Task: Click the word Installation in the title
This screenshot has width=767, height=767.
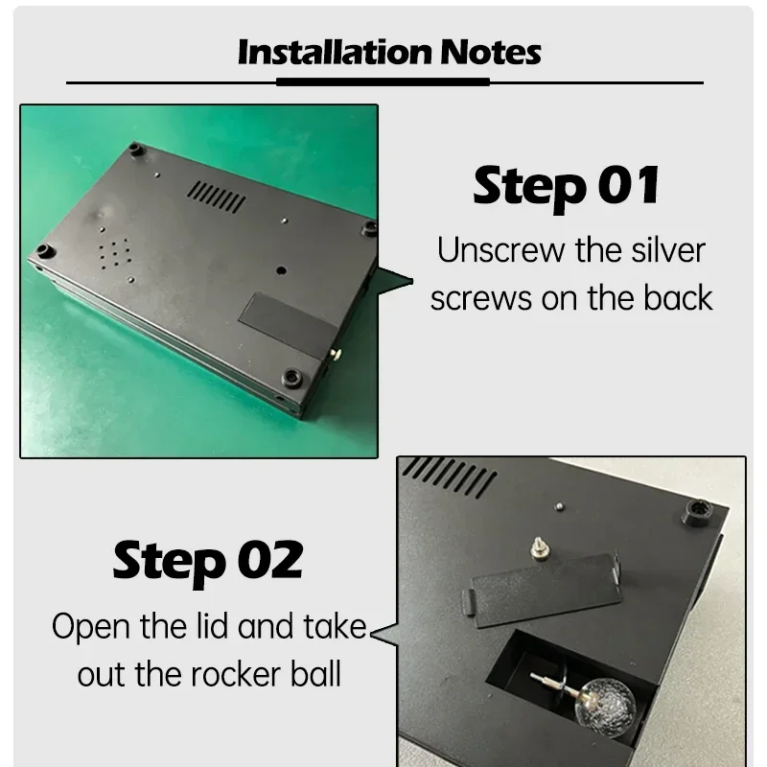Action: click(335, 52)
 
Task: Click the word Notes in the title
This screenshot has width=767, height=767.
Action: click(491, 52)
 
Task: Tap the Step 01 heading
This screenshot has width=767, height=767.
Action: click(567, 187)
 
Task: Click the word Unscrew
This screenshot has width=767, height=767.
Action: click(500, 250)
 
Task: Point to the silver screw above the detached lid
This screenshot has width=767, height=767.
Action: click(540, 547)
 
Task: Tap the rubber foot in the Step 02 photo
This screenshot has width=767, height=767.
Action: click(699, 513)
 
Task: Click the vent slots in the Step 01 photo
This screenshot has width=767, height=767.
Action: click(216, 197)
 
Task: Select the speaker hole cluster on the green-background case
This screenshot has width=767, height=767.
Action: click(114, 254)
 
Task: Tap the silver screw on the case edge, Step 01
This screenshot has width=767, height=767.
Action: click(336, 353)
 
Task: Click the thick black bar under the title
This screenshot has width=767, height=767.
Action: click(383, 81)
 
